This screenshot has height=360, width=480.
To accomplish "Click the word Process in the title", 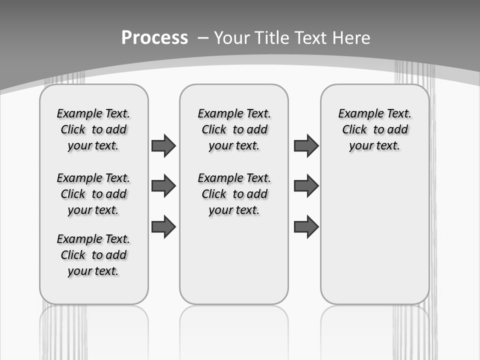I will [x=154, y=38].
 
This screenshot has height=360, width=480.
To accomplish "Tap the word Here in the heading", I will [x=352, y=38].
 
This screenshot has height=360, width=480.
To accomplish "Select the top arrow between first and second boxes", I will [x=163, y=146].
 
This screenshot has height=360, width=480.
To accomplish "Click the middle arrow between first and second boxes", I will [x=163, y=186].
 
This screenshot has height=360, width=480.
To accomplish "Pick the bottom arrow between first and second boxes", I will [x=163, y=226].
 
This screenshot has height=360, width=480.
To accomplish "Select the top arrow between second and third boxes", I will [x=306, y=146].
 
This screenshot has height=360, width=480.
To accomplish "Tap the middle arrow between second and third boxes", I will [x=306, y=186].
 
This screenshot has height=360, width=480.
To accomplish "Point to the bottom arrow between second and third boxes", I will [x=306, y=226].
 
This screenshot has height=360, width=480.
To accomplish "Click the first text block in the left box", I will [x=93, y=130].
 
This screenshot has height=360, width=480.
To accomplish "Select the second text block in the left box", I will [x=93, y=194].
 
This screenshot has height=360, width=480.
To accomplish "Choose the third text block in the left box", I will [x=93, y=255].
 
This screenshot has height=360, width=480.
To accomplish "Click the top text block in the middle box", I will [x=234, y=130].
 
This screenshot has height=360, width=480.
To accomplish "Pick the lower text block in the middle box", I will [x=234, y=194].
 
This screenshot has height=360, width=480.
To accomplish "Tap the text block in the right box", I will [x=374, y=130].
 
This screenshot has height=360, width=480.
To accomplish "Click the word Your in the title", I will [x=232, y=38].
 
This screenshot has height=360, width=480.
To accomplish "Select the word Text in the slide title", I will [x=311, y=38].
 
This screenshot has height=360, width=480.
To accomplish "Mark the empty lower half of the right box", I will [x=374, y=240].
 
